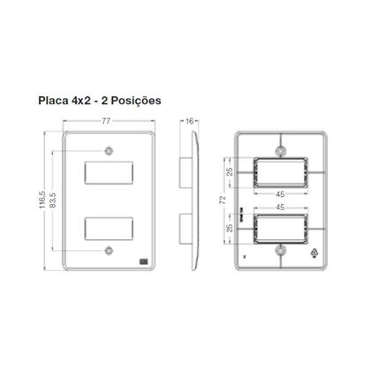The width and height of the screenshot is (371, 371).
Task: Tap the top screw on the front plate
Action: [x=109, y=149]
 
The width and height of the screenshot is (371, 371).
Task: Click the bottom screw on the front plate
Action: [x=109, y=253]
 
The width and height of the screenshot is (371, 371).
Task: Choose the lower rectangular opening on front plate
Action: [x=109, y=231]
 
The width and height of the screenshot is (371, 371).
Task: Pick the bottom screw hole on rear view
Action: [x=280, y=251]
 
